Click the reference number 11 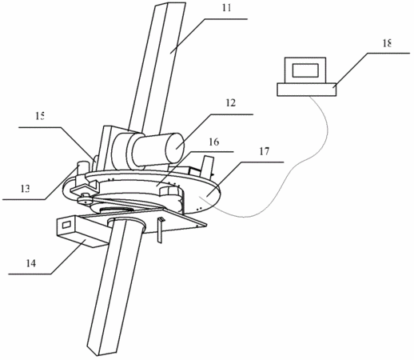pyautogui.click(x=227, y=8)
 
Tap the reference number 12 pyautogui.click(x=231, y=103)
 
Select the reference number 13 pyautogui.click(x=25, y=189)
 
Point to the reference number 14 pyautogui.click(x=31, y=263)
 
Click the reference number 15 pyautogui.click(x=40, y=116)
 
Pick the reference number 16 pyautogui.click(x=214, y=142)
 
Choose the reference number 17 pyautogui.click(x=264, y=151)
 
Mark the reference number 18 pyautogui.click(x=387, y=43)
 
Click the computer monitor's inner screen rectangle pyautogui.click(x=305, y=70)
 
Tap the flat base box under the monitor pyautogui.click(x=307, y=90)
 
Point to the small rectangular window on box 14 pyautogui.click(x=66, y=224)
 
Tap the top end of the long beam pyautogui.click(x=169, y=5)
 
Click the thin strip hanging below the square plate pyautogui.click(x=160, y=230)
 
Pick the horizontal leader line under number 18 pyautogui.click(x=389, y=54)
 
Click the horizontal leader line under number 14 pyautogui.click(x=30, y=274)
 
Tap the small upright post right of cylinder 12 pyautogui.click(x=208, y=166)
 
